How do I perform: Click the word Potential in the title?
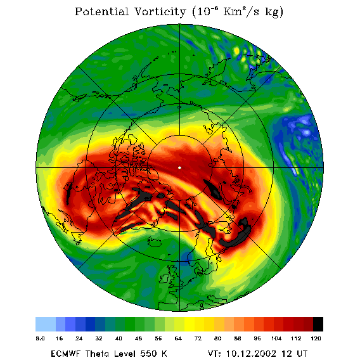101,11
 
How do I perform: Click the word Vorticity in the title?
160,11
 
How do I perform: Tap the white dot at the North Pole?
179,168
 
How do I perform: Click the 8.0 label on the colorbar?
40,338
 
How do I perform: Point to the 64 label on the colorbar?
178,338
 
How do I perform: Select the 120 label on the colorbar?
316,338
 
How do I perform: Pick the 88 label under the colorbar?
238,338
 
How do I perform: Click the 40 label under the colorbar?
119,338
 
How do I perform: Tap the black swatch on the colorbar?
318,324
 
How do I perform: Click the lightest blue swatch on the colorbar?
46,324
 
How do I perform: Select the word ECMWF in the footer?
65,354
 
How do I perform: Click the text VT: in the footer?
215,354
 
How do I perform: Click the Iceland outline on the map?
155,241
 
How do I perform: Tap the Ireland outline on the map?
164,278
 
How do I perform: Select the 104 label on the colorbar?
276,338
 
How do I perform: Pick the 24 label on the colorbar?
79,338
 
